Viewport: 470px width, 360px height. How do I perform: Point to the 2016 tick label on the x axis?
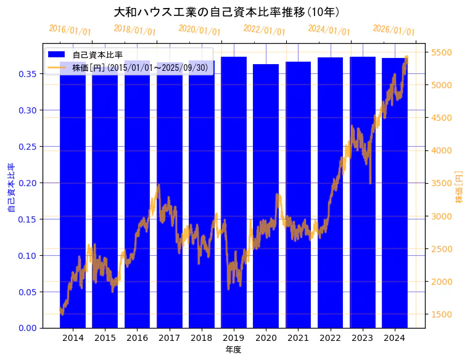[137, 338]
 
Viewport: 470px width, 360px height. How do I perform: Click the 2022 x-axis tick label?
[330, 338]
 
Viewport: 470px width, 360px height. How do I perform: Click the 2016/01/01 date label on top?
[70, 30]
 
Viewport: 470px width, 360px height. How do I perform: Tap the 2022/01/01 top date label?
[264, 30]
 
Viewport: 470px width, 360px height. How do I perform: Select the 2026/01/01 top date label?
[394, 30]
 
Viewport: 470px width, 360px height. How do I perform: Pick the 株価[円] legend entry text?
[142, 67]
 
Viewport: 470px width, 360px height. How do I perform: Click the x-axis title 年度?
[233, 350]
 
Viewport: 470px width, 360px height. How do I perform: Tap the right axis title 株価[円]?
[459, 187]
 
